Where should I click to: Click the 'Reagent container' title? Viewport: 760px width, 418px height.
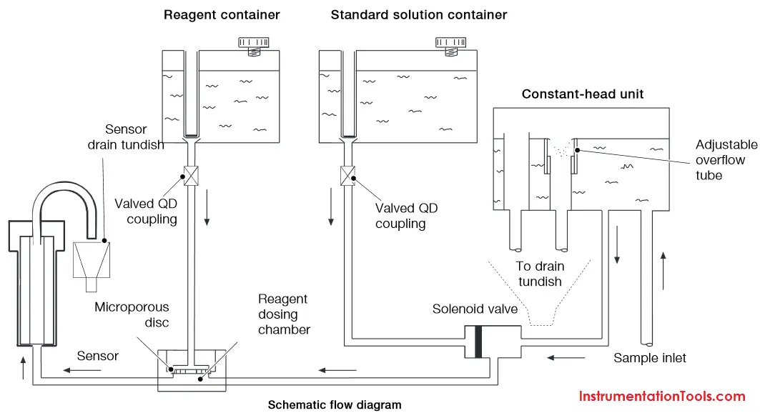[x=222, y=15]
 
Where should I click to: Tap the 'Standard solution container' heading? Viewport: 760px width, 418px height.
[x=419, y=15]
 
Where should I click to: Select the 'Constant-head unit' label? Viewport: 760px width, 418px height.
[x=583, y=94]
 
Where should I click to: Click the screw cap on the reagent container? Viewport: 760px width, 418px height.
[x=254, y=46]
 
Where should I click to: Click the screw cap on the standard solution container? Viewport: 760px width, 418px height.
[x=450, y=46]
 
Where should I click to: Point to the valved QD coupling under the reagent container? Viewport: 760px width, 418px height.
[x=191, y=176]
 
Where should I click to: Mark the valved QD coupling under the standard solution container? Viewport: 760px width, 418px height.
[x=347, y=176]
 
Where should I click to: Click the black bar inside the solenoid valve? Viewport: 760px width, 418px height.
[x=478, y=342]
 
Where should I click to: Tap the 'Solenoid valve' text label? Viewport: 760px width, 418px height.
[x=475, y=309]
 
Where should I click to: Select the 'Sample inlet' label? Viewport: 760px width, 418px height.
[x=650, y=358]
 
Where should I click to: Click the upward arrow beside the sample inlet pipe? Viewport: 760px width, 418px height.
[x=663, y=271]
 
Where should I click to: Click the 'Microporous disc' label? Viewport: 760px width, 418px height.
[x=132, y=314]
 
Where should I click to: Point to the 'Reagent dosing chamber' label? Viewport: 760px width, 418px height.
[x=284, y=314]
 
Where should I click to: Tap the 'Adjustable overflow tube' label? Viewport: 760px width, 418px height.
[x=726, y=160]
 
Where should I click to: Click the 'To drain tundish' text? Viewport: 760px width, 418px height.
[x=540, y=274]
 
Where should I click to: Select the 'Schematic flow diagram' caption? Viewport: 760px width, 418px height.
[x=335, y=404]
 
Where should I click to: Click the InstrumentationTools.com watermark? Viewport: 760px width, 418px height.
[x=662, y=396]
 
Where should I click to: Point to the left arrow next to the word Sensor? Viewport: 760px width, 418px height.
[x=82, y=371]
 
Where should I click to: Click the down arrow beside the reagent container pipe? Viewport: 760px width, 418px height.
[x=207, y=208]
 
